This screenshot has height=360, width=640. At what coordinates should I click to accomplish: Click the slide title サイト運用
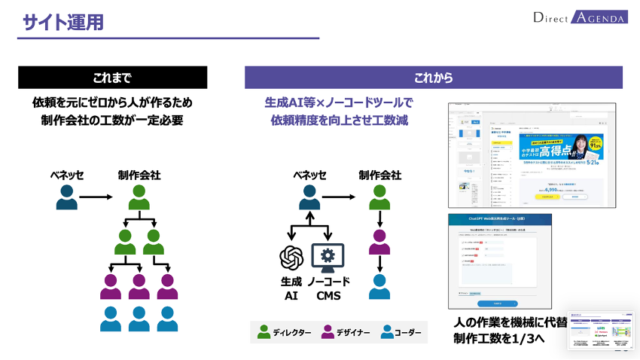pyautogui.click(x=62, y=23)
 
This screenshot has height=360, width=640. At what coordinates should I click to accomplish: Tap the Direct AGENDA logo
pyautogui.click(x=579, y=17)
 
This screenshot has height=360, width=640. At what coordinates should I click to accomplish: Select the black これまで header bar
pyautogui.click(x=112, y=78)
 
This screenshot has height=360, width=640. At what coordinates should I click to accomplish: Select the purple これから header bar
pyautogui.click(x=433, y=78)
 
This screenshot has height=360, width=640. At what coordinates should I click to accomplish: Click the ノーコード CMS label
pyautogui.click(x=328, y=288)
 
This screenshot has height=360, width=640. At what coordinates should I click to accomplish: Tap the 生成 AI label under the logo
pyautogui.click(x=291, y=288)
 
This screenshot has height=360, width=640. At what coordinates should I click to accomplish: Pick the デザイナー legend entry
pyautogui.click(x=346, y=332)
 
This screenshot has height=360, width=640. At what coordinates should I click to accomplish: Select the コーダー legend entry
pyautogui.click(x=401, y=332)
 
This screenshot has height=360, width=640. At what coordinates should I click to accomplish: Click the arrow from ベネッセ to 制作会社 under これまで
pyautogui.click(x=95, y=198)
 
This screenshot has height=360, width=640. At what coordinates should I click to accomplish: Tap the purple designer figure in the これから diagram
pyautogui.click(x=379, y=243)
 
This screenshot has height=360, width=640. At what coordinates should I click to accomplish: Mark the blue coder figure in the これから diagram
pyautogui.click(x=379, y=288)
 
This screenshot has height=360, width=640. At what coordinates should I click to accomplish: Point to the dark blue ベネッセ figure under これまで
pyautogui.click(x=67, y=198)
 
